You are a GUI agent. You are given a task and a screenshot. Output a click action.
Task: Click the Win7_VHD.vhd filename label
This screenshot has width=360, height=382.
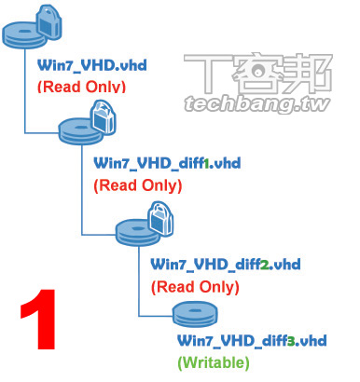(81, 67)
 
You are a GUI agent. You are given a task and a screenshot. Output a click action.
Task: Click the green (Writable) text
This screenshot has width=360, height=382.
(213, 360)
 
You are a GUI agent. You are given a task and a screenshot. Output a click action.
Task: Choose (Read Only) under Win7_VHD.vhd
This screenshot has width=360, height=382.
(80, 88)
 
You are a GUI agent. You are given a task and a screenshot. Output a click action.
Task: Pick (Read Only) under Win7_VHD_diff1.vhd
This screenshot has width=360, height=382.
(138, 185)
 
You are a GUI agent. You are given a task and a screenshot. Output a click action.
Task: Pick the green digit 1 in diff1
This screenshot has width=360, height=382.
(207, 164)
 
